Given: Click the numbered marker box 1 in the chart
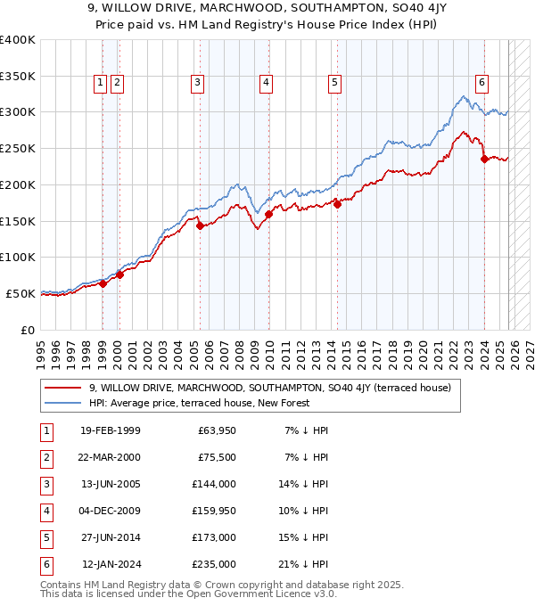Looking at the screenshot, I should (x=100, y=83).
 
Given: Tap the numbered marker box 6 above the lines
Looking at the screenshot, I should (x=481, y=83).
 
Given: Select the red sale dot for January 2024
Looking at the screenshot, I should (x=484, y=160).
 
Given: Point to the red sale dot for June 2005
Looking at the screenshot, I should (x=200, y=225).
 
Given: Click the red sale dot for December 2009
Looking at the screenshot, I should (x=268, y=214).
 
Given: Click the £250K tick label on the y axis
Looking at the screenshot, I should (x=18, y=148).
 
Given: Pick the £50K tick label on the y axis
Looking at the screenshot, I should (x=21, y=293).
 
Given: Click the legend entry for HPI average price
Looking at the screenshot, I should (x=198, y=403).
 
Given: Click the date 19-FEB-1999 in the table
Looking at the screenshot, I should (x=110, y=430).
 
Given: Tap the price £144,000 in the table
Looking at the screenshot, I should (x=214, y=484).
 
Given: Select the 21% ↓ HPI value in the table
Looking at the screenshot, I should (x=308, y=564).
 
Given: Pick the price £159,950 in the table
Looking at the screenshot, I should (x=214, y=511).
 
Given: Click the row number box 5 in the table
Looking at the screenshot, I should (x=45, y=537).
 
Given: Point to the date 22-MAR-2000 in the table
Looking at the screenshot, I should (x=110, y=457).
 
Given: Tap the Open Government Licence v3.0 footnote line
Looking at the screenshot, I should (x=189, y=594).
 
